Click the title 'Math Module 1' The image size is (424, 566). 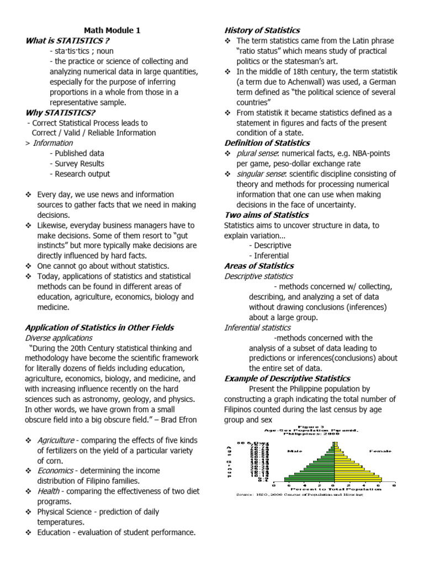(112, 30)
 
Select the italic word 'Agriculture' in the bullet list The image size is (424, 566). (56, 440)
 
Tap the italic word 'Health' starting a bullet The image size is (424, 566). (49, 491)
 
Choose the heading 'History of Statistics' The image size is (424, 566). (262, 30)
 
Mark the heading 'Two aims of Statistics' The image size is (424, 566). (266, 214)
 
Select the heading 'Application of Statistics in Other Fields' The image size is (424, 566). (99, 327)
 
